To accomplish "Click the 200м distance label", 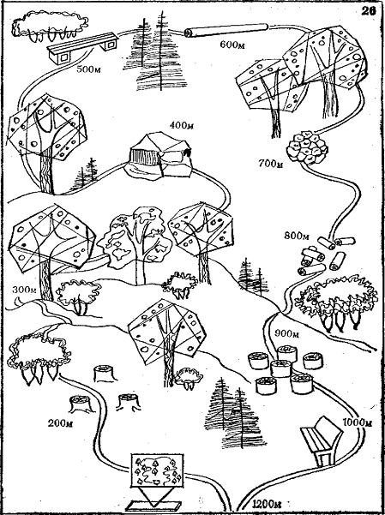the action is pyautogui.click(x=61, y=423).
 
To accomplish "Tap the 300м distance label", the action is pyautogui.click(x=24, y=290).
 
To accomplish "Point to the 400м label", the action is pyautogui.click(x=182, y=125).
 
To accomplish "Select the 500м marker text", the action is pyautogui.click(x=89, y=69).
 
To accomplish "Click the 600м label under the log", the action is pyautogui.click(x=232, y=45).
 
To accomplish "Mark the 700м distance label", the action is pyautogui.click(x=271, y=163).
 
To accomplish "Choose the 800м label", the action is pyautogui.click(x=297, y=236).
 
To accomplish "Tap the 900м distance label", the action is pyautogui.click(x=286, y=333).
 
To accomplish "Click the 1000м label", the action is pyautogui.click(x=358, y=422).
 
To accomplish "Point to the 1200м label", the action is pyautogui.click(x=268, y=504).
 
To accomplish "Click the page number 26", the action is pyautogui.click(x=369, y=11).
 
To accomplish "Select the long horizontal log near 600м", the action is pyautogui.click(x=226, y=30).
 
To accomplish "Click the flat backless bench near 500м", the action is pyautogui.click(x=82, y=48).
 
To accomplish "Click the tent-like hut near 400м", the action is pyautogui.click(x=159, y=155).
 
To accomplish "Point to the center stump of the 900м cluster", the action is pyautogui.click(x=280, y=368).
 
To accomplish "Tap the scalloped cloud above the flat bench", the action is pyautogui.click(x=50, y=26).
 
